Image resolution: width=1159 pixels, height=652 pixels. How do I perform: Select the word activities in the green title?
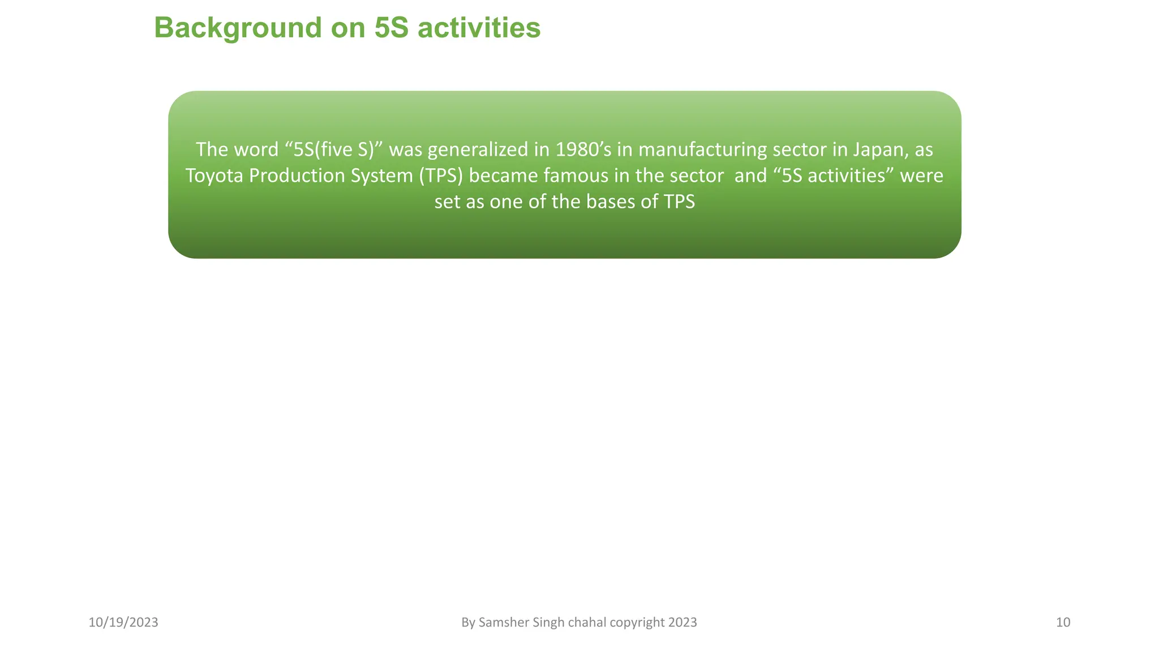tap(479, 28)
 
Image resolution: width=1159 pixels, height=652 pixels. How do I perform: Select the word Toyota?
tap(214, 175)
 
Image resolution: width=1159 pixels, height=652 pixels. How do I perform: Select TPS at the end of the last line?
tap(679, 201)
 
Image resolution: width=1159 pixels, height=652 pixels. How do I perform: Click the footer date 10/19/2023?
tap(123, 623)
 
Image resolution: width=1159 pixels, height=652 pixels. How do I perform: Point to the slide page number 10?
tap(1063, 623)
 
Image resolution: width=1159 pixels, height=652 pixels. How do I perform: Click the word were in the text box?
tap(921, 175)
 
